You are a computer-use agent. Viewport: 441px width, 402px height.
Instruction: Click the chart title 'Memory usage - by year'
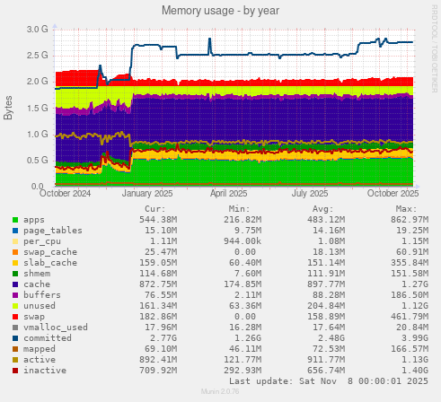[x=219, y=10]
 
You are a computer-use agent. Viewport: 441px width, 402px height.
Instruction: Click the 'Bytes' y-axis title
[x=9, y=108]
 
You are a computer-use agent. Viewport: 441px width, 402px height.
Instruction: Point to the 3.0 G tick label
[x=37, y=29]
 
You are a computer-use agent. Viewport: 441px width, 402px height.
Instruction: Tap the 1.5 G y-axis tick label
[x=37, y=108]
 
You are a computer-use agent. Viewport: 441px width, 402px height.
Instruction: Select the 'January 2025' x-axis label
[x=147, y=193]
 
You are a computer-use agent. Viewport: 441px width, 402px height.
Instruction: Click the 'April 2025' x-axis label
[x=228, y=193]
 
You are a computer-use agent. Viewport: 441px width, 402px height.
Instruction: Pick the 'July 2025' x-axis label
[x=310, y=193]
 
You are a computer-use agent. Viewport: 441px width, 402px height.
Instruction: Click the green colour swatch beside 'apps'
[x=15, y=219]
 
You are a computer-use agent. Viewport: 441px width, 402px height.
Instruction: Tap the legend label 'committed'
[x=50, y=337]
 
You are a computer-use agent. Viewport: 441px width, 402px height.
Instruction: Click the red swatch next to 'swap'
[x=15, y=316]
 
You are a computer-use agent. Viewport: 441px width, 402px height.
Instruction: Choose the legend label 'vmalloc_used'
[x=56, y=327]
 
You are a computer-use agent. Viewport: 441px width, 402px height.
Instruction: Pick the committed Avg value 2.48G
[x=329, y=337]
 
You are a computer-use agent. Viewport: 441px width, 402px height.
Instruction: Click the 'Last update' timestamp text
[x=348, y=381]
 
